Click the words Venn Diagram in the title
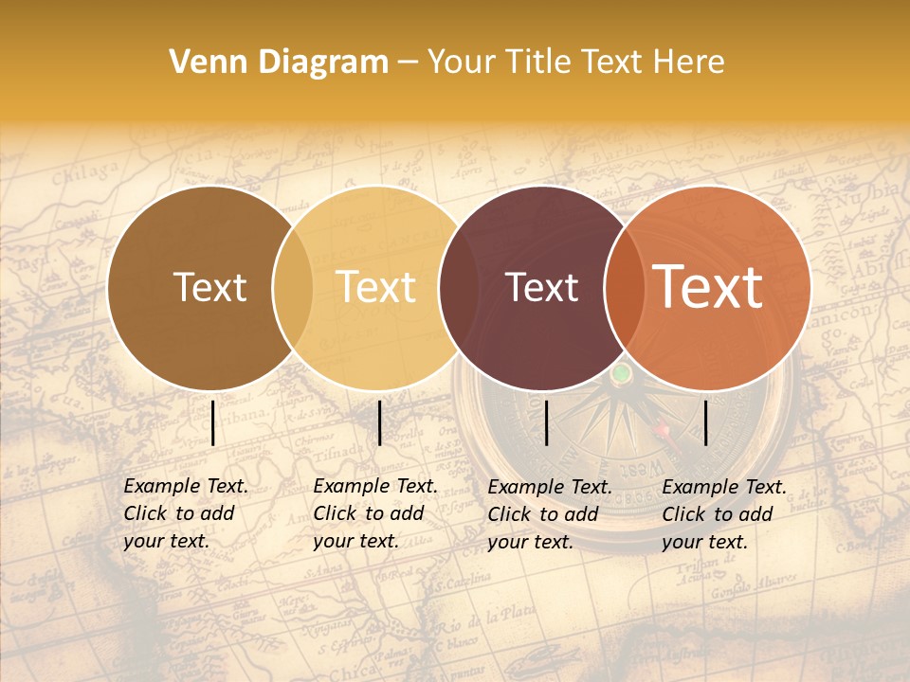[279, 63]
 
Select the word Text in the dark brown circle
[210, 287]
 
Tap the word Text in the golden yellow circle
[376, 287]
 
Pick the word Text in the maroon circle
[541, 287]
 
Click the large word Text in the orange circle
[707, 287]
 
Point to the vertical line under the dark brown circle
[212, 422]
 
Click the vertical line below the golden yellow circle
[379, 422]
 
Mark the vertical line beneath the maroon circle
[546, 422]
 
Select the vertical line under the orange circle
[705, 422]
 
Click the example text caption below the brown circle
[186, 513]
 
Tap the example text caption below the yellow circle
[375, 513]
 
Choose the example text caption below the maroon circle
[550, 514]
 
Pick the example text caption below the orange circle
[724, 514]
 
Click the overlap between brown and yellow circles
[293, 287]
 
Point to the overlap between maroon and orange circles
[621, 287]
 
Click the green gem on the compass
[621, 374]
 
